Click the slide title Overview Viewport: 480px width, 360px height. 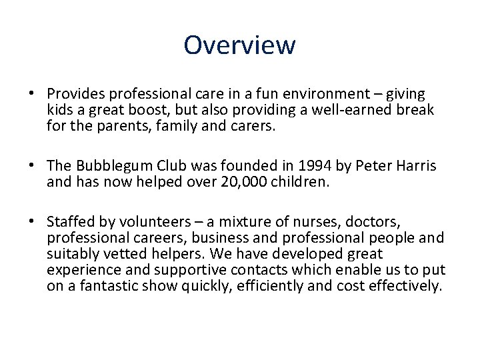(239, 45)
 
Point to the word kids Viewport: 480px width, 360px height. (59, 109)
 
